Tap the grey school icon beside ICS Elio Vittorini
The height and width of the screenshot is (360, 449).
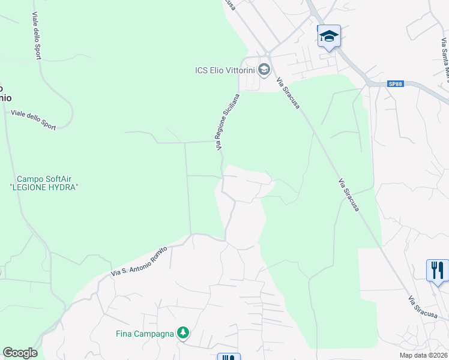[x=263, y=70]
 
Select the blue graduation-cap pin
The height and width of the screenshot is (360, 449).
[x=329, y=36]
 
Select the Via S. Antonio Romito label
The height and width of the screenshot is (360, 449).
[x=138, y=262]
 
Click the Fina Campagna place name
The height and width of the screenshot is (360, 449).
[x=145, y=333]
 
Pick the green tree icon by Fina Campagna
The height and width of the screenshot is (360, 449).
[x=183, y=333]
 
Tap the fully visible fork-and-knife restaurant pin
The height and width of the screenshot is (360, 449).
[x=438, y=270]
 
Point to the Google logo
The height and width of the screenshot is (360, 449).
[x=20, y=353]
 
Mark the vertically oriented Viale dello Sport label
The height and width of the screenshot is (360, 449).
[x=37, y=36]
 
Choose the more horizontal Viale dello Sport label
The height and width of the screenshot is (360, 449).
[x=34, y=119]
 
